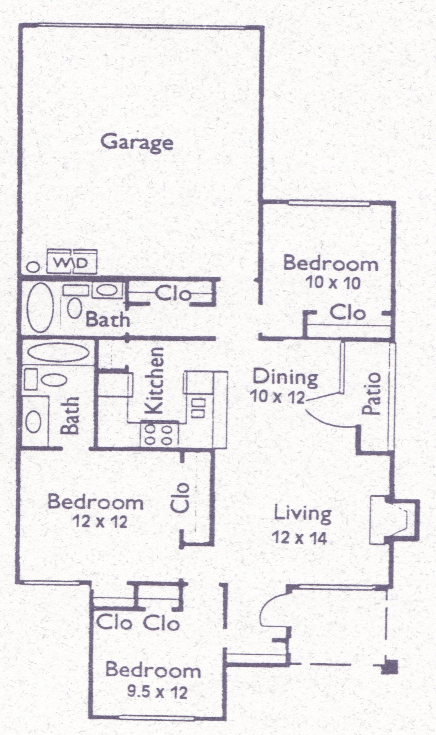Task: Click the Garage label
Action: pos(137,142)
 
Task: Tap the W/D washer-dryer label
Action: pos(71,263)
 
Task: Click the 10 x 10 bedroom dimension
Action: pos(333,284)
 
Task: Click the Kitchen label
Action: pos(155,380)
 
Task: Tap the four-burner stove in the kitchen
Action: pos(159,434)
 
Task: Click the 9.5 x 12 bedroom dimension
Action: pos(157,692)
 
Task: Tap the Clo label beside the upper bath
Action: pos(173,294)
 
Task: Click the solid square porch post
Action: pos(391,666)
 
